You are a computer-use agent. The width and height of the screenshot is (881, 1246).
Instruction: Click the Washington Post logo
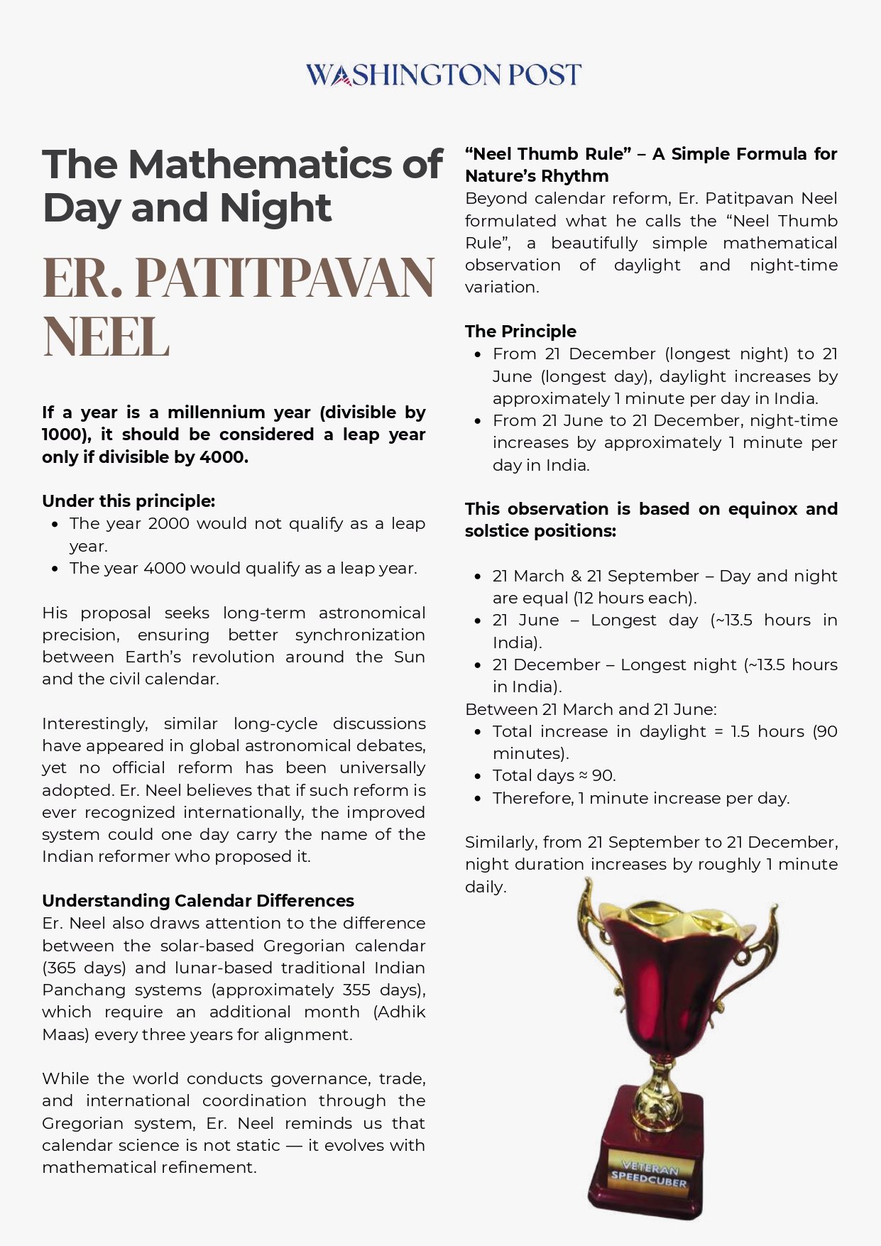(443, 75)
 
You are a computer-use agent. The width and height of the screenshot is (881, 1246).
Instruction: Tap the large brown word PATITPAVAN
(284, 278)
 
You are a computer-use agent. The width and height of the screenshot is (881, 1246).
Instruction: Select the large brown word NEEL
(106, 337)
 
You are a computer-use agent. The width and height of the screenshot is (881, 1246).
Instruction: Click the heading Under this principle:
(128, 501)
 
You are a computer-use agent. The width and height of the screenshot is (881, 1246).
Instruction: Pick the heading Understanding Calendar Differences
(198, 901)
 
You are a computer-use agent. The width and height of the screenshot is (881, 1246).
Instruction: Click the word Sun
(410, 657)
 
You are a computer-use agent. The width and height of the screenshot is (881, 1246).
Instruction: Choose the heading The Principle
(520, 332)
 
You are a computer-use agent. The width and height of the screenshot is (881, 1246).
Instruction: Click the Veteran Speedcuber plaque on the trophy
(650, 1174)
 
